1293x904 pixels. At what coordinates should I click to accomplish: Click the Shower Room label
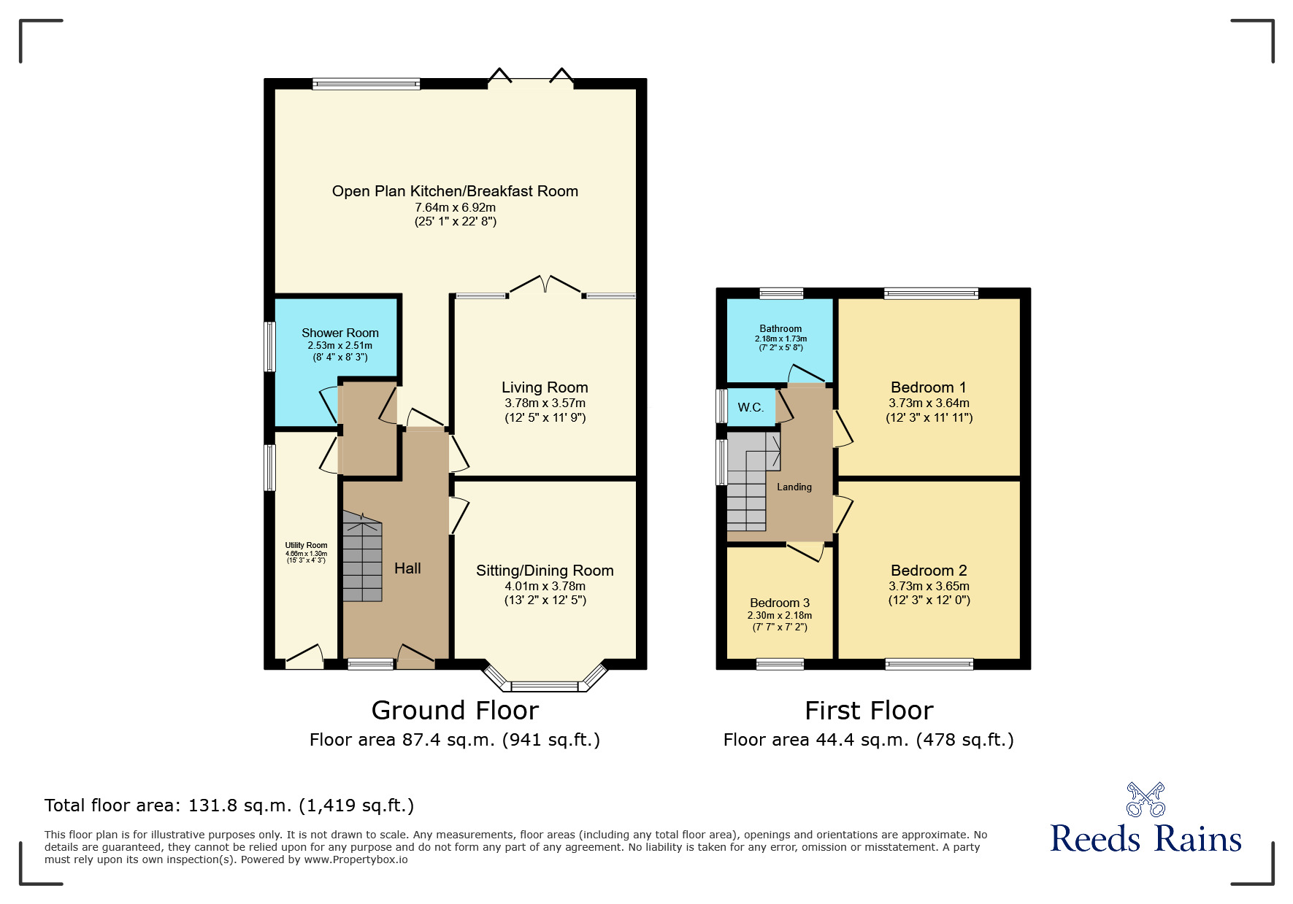point(339,333)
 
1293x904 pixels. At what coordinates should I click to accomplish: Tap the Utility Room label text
point(306,545)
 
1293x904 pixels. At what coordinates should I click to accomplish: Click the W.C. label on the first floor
point(751,407)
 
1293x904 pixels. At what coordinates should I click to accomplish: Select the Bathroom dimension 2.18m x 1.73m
point(780,339)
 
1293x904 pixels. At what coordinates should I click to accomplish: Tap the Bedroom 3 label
point(780,603)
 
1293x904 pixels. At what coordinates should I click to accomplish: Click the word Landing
point(794,487)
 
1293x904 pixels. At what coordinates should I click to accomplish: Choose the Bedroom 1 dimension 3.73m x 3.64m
point(929,403)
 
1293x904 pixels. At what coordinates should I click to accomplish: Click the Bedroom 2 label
point(929,571)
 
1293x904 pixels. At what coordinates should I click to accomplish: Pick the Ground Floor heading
point(455,710)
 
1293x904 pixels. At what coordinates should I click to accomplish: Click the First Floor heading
point(869,710)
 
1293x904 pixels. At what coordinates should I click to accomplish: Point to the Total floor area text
point(229,806)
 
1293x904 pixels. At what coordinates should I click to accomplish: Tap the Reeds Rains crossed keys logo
point(1146,800)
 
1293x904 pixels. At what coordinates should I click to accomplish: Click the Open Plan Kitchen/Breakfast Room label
point(455,191)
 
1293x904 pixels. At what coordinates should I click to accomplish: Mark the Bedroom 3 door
point(806,552)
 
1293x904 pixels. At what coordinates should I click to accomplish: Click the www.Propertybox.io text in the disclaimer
point(356,859)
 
